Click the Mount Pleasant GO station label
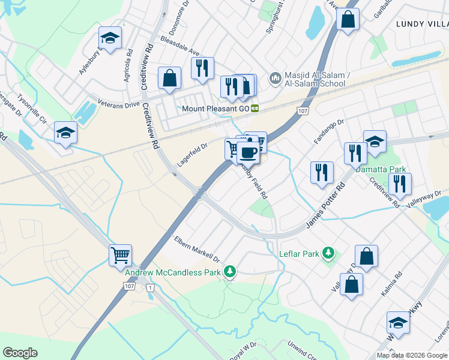pos(215,109)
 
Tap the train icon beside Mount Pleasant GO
pos(255,109)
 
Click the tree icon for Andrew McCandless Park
pos(229,272)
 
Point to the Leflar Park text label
pos(299,254)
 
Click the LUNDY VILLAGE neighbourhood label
pos(422,23)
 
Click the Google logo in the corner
pos(20,353)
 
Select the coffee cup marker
pos(248,152)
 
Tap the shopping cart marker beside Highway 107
pos(120,255)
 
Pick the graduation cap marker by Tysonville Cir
pos(65,133)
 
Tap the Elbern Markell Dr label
pos(197,248)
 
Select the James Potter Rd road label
pos(327,206)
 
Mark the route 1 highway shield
pos(150,289)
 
